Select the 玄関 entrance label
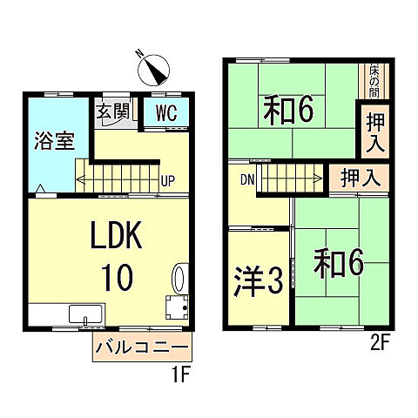111,111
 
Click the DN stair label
248,179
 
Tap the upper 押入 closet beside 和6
375,130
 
